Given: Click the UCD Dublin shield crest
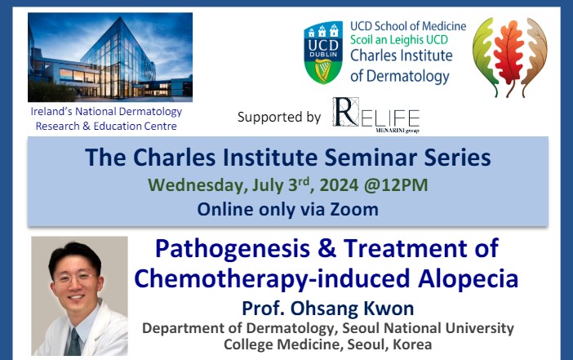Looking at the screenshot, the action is (x=323, y=52).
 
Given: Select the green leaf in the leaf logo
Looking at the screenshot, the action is (x=485, y=55).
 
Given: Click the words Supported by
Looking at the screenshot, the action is (x=279, y=117).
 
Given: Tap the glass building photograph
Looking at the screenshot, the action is (x=110, y=57).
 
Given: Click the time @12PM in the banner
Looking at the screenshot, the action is (x=396, y=184).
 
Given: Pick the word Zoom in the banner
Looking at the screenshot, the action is (x=354, y=210).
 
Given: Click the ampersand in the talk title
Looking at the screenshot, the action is (x=327, y=248).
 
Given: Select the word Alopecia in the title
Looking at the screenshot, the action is (x=469, y=279).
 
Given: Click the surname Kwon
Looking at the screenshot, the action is (x=389, y=308).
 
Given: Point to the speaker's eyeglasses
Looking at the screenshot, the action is (x=76, y=278).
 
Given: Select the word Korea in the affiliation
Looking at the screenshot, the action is (x=412, y=344).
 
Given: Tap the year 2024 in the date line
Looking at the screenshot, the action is (x=339, y=185).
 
